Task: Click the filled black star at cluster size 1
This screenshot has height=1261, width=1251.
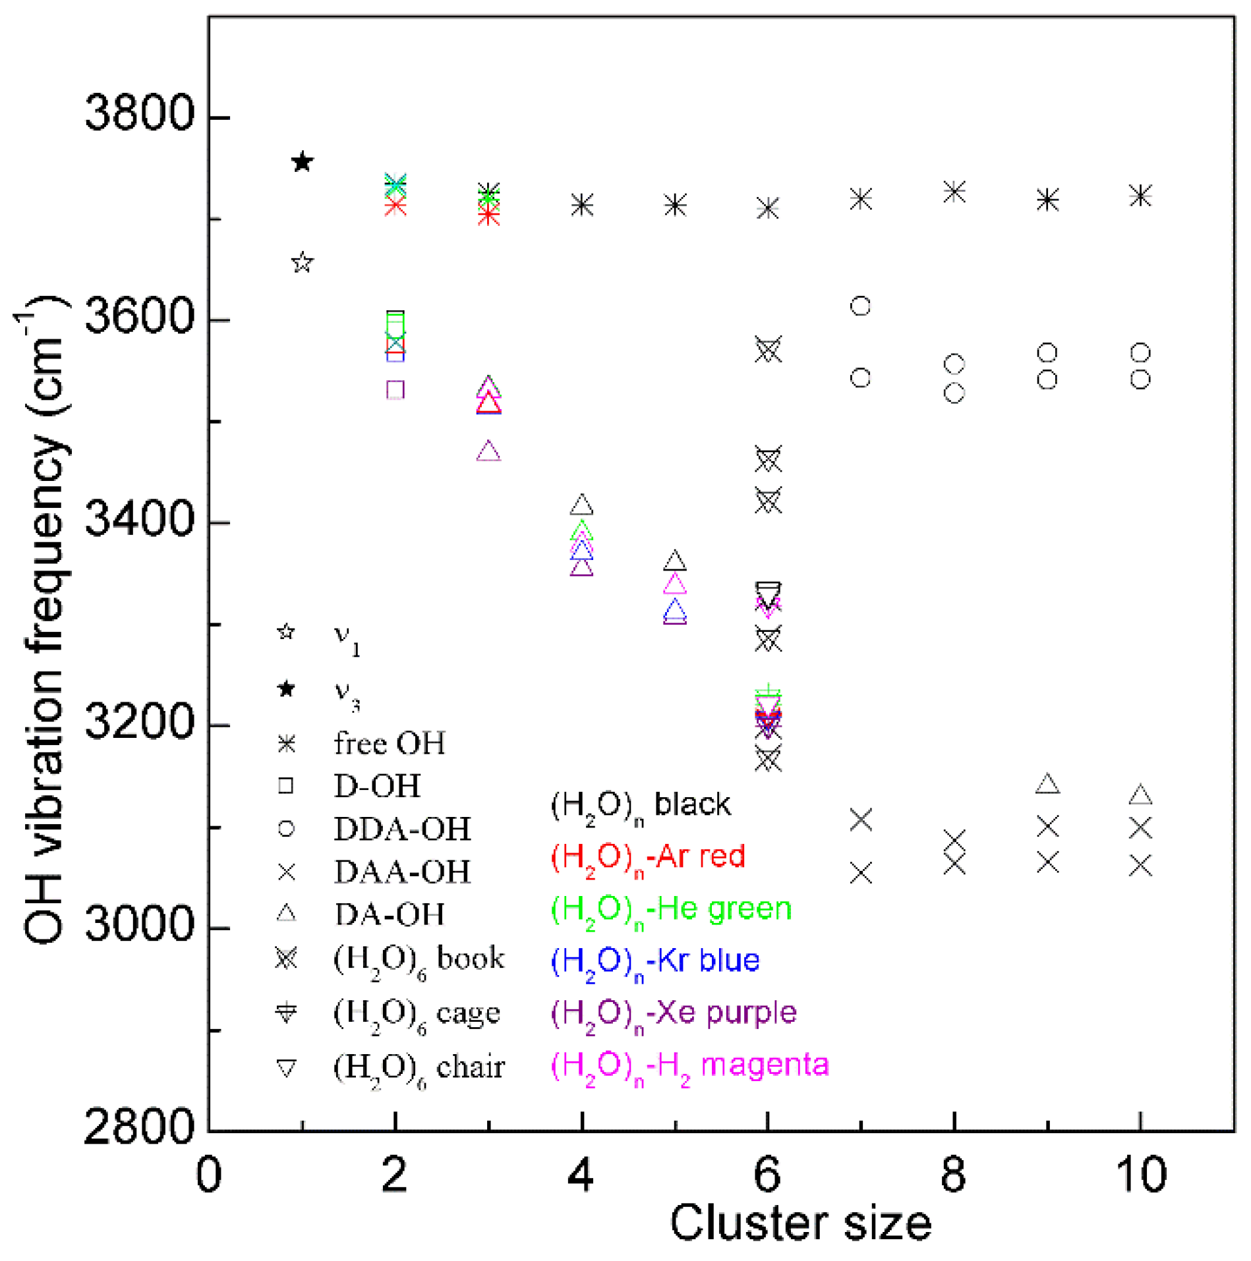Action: [x=302, y=161]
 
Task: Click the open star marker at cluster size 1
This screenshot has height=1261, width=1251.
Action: [x=302, y=262]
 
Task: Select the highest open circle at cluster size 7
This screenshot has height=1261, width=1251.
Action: [x=860, y=306]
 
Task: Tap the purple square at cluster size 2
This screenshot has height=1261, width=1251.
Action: [x=395, y=389]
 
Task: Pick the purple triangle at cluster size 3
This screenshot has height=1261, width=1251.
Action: [x=488, y=452]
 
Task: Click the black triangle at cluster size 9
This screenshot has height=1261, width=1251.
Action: [x=1047, y=784]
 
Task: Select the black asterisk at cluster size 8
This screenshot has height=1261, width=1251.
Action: [x=954, y=192]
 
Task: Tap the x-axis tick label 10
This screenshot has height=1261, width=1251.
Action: [x=1140, y=1174]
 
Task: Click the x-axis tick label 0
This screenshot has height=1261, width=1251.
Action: [x=209, y=1174]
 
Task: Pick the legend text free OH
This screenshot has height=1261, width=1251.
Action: [x=389, y=743]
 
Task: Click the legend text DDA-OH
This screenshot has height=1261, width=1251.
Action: [x=402, y=829]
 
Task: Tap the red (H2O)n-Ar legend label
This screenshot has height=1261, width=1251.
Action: [x=648, y=857]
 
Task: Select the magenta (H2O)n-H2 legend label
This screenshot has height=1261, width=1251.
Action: [x=689, y=1066]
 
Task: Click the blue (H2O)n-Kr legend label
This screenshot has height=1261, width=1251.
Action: [x=655, y=961]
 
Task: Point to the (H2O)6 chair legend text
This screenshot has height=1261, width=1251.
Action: [x=419, y=1068]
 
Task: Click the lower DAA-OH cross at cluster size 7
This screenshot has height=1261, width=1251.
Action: [x=861, y=874]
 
